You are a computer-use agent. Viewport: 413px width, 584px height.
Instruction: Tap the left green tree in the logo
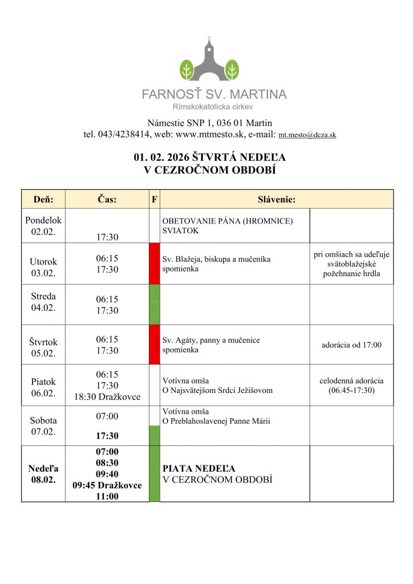(187, 70)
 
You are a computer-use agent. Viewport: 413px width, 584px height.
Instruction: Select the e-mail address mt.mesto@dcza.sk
(307, 135)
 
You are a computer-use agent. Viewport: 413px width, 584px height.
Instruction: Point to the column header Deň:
(43, 199)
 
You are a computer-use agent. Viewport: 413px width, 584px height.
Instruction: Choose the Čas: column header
(107, 199)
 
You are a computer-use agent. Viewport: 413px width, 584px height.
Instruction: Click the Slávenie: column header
(277, 199)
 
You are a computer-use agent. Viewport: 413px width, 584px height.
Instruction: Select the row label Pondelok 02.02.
(43, 226)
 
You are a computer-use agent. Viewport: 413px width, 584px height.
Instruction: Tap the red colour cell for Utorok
(154, 263)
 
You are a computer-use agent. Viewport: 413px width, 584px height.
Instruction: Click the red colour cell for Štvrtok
(154, 344)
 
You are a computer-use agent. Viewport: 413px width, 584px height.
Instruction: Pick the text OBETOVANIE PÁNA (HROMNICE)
(228, 221)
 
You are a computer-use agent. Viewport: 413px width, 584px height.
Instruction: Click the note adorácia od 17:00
(351, 344)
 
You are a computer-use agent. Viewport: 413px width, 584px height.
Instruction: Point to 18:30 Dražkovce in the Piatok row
(107, 397)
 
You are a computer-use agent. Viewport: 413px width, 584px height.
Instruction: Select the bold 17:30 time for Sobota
(107, 436)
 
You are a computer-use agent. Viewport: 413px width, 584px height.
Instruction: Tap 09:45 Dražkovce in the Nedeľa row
(107, 485)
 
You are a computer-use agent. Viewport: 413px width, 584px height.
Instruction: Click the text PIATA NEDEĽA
(199, 468)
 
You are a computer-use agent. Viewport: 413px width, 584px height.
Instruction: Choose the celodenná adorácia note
(351, 380)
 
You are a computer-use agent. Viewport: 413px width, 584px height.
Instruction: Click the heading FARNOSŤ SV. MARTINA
(214, 94)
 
